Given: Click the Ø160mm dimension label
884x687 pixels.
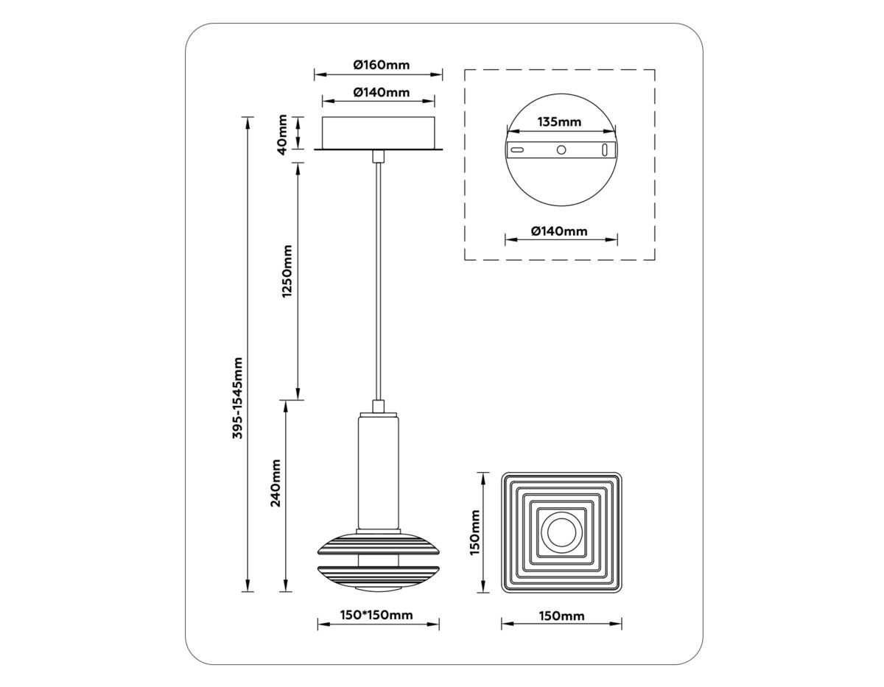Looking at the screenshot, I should coord(380,65).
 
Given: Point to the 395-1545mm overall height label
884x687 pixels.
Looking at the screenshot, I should coord(237,399).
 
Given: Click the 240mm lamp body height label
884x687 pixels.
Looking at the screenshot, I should coord(276,483).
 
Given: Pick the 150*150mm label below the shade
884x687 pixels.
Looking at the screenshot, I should coord(377,615).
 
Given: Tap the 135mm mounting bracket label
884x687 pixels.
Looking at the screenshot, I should coord(560,121).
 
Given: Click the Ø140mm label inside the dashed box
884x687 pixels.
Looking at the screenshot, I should coord(559,231).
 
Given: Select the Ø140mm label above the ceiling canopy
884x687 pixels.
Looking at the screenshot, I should coord(380,92).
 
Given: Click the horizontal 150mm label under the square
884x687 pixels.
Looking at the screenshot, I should coord(561,616).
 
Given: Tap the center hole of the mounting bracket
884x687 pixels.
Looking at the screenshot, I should coord(561,149).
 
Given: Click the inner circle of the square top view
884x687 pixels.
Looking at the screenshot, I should coord(561,532).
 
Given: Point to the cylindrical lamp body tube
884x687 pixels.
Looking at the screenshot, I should coord(379,471).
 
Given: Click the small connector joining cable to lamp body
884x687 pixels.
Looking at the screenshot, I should coord(379,406).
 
